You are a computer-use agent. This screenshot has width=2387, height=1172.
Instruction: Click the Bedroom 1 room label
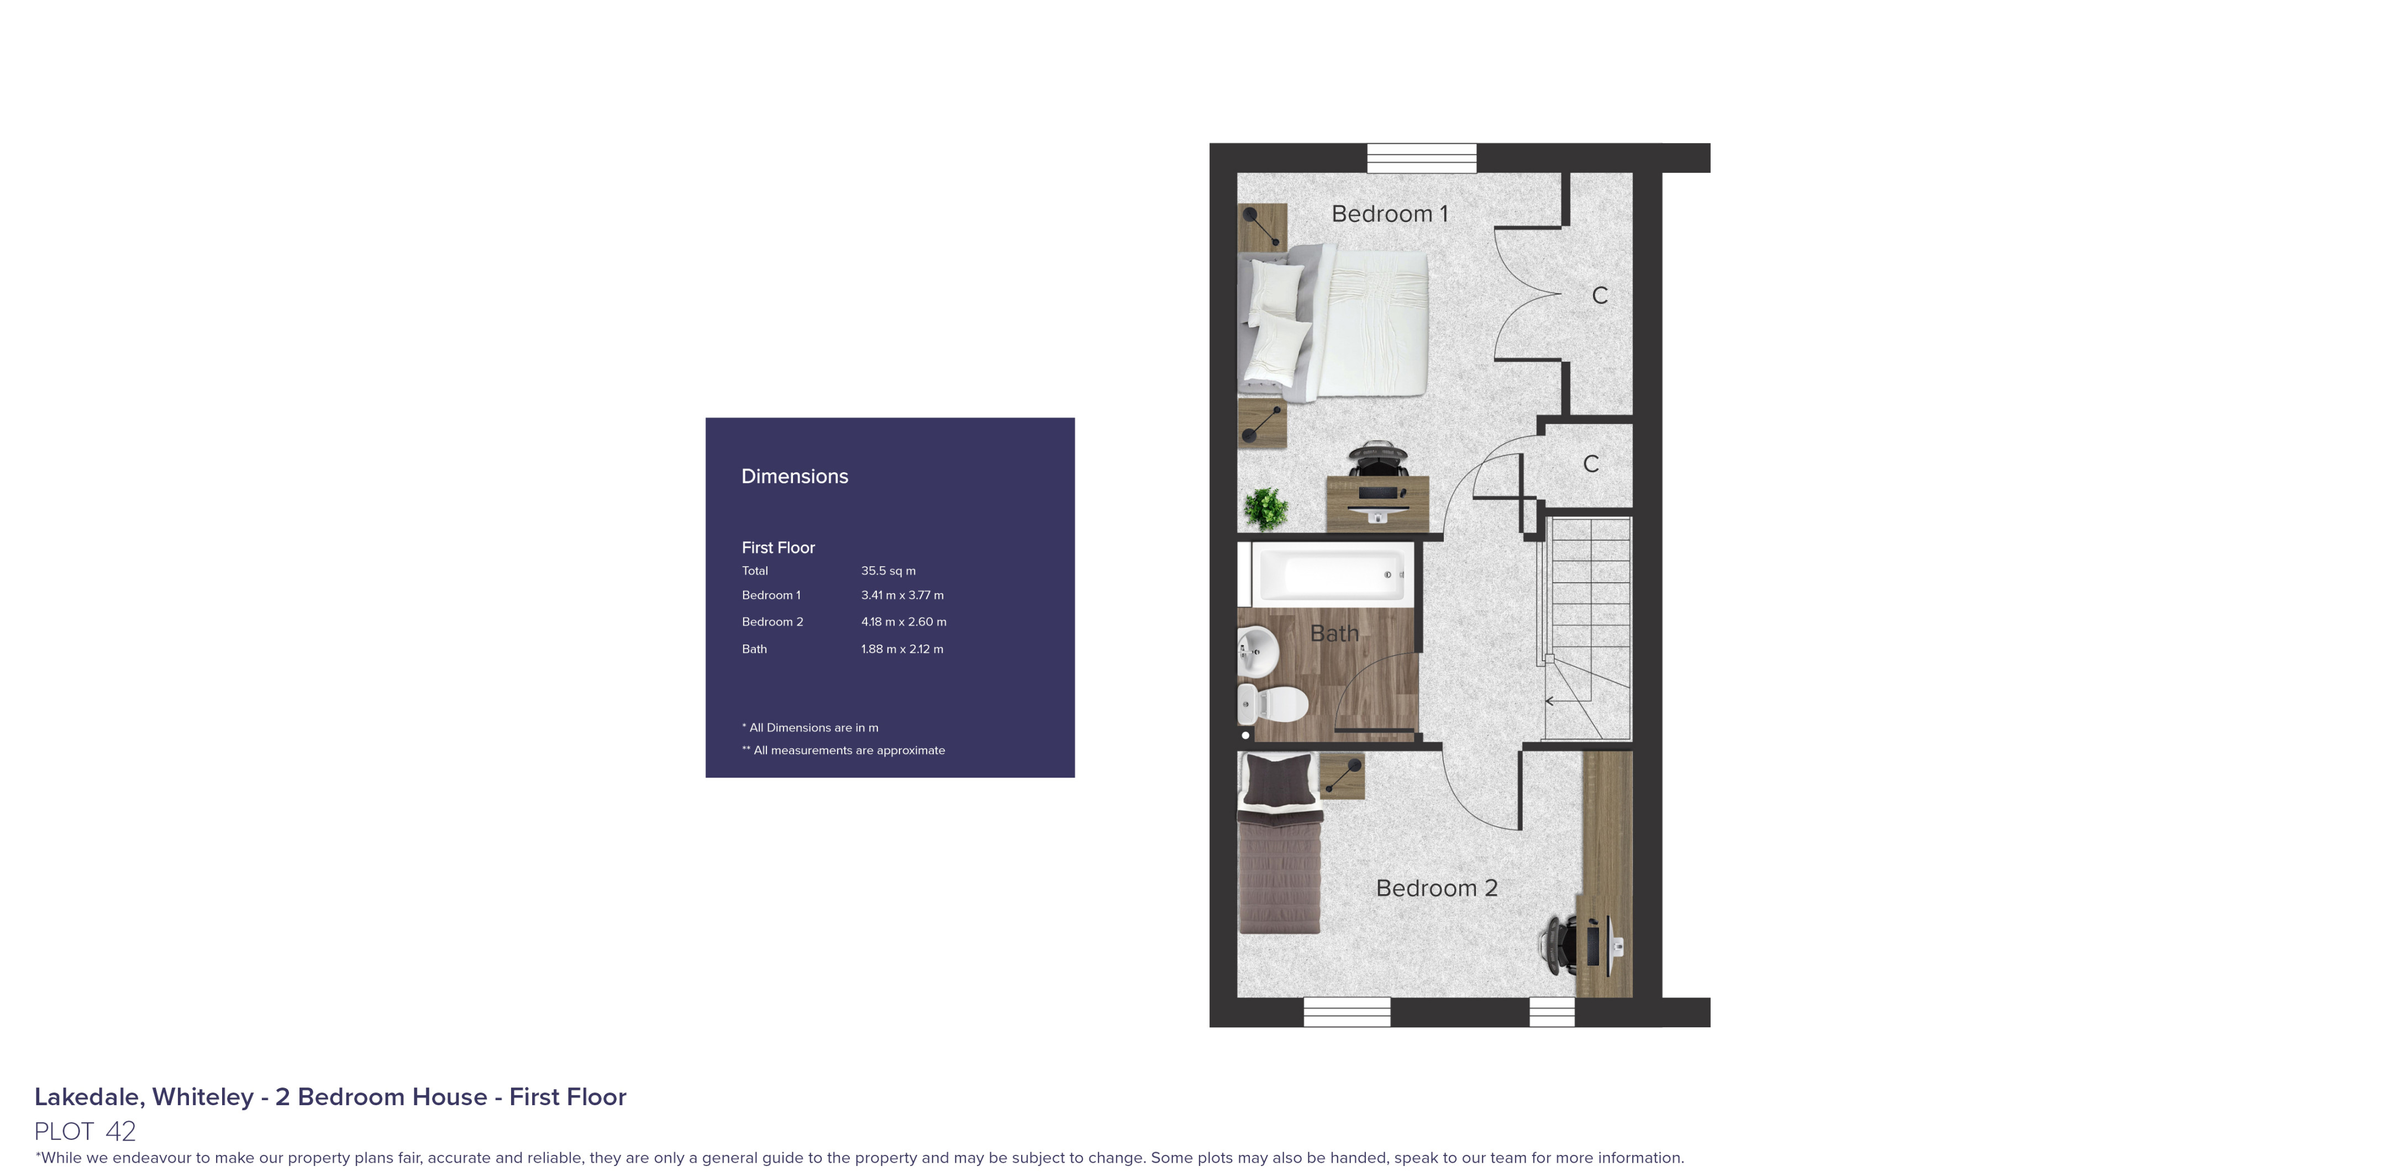point(1388,214)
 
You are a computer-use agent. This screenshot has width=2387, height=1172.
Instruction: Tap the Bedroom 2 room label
point(1436,888)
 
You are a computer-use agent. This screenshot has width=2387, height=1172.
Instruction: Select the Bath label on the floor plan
point(1333,633)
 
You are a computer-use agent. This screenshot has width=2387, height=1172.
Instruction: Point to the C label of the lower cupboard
point(1590,464)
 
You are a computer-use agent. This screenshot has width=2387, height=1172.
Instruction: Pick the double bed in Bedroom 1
point(1334,323)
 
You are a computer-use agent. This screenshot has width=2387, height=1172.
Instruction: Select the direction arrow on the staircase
point(1550,701)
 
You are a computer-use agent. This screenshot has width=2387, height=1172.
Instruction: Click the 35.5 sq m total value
point(888,571)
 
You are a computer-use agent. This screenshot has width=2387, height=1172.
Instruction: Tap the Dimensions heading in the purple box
point(794,476)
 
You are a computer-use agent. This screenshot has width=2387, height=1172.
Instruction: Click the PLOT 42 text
point(85,1131)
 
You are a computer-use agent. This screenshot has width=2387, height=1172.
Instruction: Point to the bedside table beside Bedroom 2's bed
point(1342,775)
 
